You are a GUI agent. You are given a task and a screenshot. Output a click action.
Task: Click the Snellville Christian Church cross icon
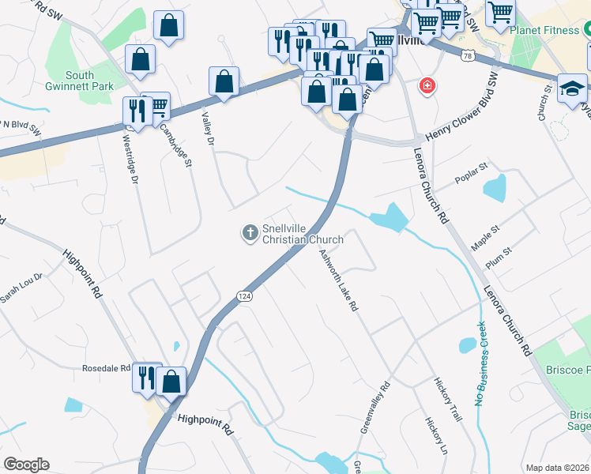[x=250, y=232]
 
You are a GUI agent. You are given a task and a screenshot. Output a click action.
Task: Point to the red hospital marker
[x=427, y=85]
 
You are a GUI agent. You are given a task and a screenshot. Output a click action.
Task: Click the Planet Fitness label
[x=545, y=31]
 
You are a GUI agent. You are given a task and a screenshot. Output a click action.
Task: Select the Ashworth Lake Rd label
[x=340, y=280]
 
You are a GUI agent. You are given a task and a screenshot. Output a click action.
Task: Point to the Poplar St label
[x=473, y=176]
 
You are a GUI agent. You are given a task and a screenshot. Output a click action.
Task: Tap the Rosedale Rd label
[x=106, y=368]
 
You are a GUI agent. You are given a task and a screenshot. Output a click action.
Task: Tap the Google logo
[x=26, y=465]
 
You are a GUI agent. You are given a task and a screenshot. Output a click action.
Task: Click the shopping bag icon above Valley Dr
[x=224, y=82]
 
